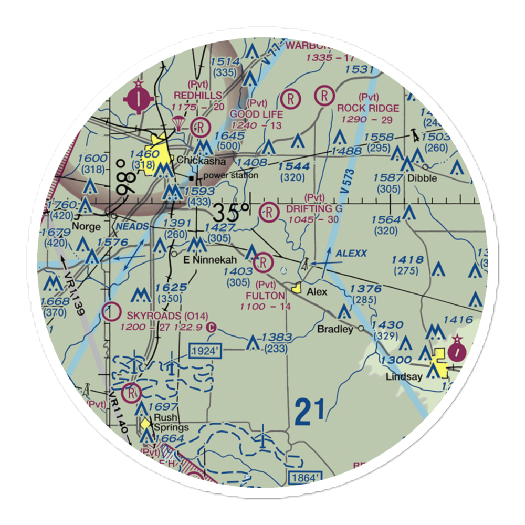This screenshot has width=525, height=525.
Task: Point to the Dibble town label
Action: pos(423,178)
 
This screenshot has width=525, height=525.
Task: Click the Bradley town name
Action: pos(335,329)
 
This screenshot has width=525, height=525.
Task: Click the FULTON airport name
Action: pos(265,296)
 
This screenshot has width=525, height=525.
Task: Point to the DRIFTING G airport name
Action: pos(314,208)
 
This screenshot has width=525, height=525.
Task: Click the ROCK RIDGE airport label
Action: pos(368,108)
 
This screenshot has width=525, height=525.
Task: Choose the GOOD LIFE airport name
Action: pos(257,114)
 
